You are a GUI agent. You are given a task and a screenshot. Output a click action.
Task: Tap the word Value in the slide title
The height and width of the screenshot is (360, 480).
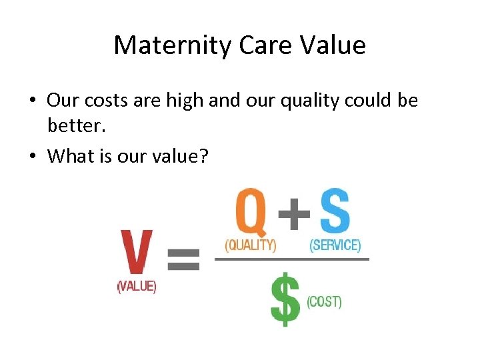pos(332,45)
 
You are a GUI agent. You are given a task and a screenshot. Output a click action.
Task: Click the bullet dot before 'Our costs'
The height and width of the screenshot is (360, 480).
pos(32,101)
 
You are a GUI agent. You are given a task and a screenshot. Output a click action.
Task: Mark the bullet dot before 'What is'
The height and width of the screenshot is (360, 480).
pos(32,156)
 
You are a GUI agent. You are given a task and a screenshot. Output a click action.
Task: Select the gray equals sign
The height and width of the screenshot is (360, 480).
pos(183,258)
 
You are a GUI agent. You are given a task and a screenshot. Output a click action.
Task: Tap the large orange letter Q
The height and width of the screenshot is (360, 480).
pos(250,211)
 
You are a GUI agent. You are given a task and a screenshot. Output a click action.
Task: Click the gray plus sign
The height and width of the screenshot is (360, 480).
pos(294,214)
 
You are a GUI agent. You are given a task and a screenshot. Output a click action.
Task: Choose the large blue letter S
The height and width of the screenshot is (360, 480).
pos(335,211)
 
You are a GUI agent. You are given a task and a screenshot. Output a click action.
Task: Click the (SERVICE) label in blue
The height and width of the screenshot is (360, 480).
pos(335,245)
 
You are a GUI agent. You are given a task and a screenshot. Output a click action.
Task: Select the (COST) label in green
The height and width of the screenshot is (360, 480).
pos(324,301)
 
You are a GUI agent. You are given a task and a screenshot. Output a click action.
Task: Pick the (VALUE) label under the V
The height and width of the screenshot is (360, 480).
pos(137,287)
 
